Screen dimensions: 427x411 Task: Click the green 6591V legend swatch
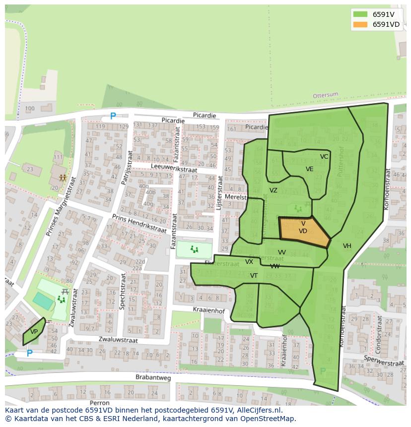click(x=360, y=14)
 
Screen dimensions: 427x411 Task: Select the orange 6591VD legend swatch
click(x=360, y=24)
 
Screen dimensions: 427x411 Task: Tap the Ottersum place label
click(x=325, y=95)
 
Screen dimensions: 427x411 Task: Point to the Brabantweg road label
click(x=153, y=377)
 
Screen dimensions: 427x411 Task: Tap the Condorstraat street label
click(x=379, y=331)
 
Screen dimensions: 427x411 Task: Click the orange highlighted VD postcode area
click(x=303, y=231)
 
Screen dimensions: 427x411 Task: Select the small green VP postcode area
click(x=34, y=332)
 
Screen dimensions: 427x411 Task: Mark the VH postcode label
click(x=346, y=246)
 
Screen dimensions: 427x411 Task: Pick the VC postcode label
click(x=324, y=157)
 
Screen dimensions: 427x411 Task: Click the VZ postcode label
click(x=273, y=190)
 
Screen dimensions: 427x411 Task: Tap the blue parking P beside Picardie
click(x=113, y=117)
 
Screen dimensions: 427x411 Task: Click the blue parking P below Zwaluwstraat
click(x=29, y=353)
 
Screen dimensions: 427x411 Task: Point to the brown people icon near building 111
click(x=63, y=177)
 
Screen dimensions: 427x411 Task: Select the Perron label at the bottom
click(x=100, y=403)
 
